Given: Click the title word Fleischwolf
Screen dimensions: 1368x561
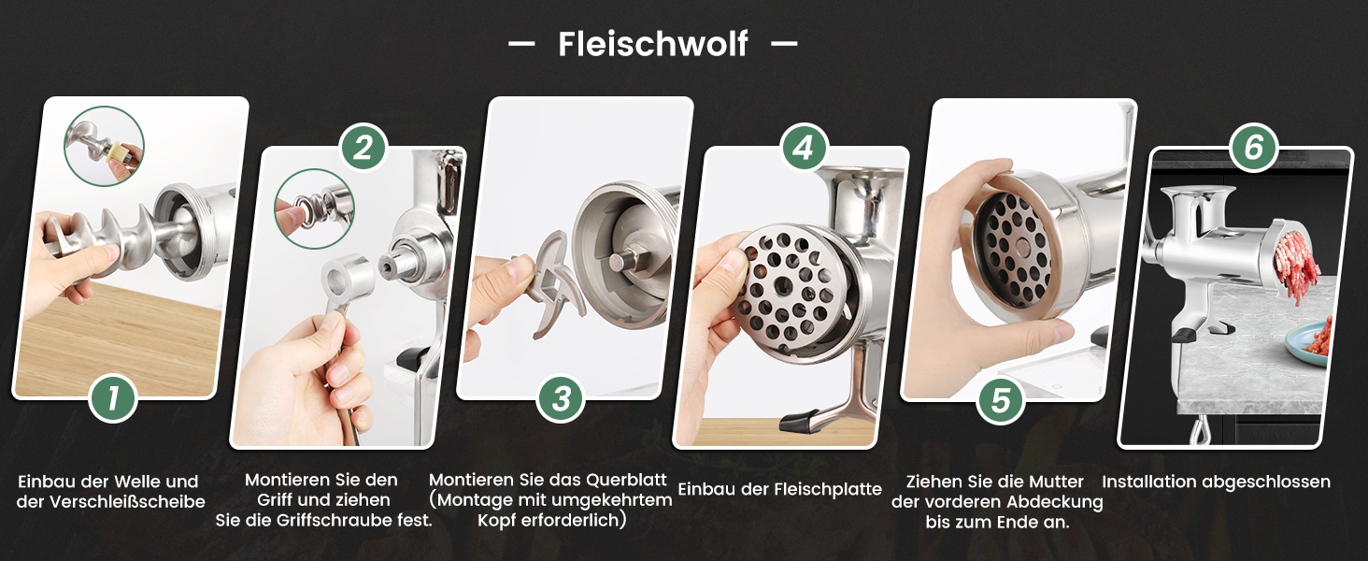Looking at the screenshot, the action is click(653, 44).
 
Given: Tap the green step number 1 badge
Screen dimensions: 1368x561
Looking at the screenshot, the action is click(113, 399).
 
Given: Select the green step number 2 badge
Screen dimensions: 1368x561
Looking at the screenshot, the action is click(363, 148).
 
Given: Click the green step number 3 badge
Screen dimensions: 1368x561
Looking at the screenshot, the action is click(561, 398).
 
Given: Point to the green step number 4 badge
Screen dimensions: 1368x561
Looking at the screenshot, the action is click(804, 148).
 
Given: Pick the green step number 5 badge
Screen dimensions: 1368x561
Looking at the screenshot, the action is click(1001, 400).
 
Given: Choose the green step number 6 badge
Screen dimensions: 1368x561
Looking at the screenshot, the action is click(1254, 147).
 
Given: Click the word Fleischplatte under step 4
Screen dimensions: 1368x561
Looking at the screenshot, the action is click(828, 490).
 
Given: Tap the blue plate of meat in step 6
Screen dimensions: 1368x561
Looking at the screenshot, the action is click(1308, 341).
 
